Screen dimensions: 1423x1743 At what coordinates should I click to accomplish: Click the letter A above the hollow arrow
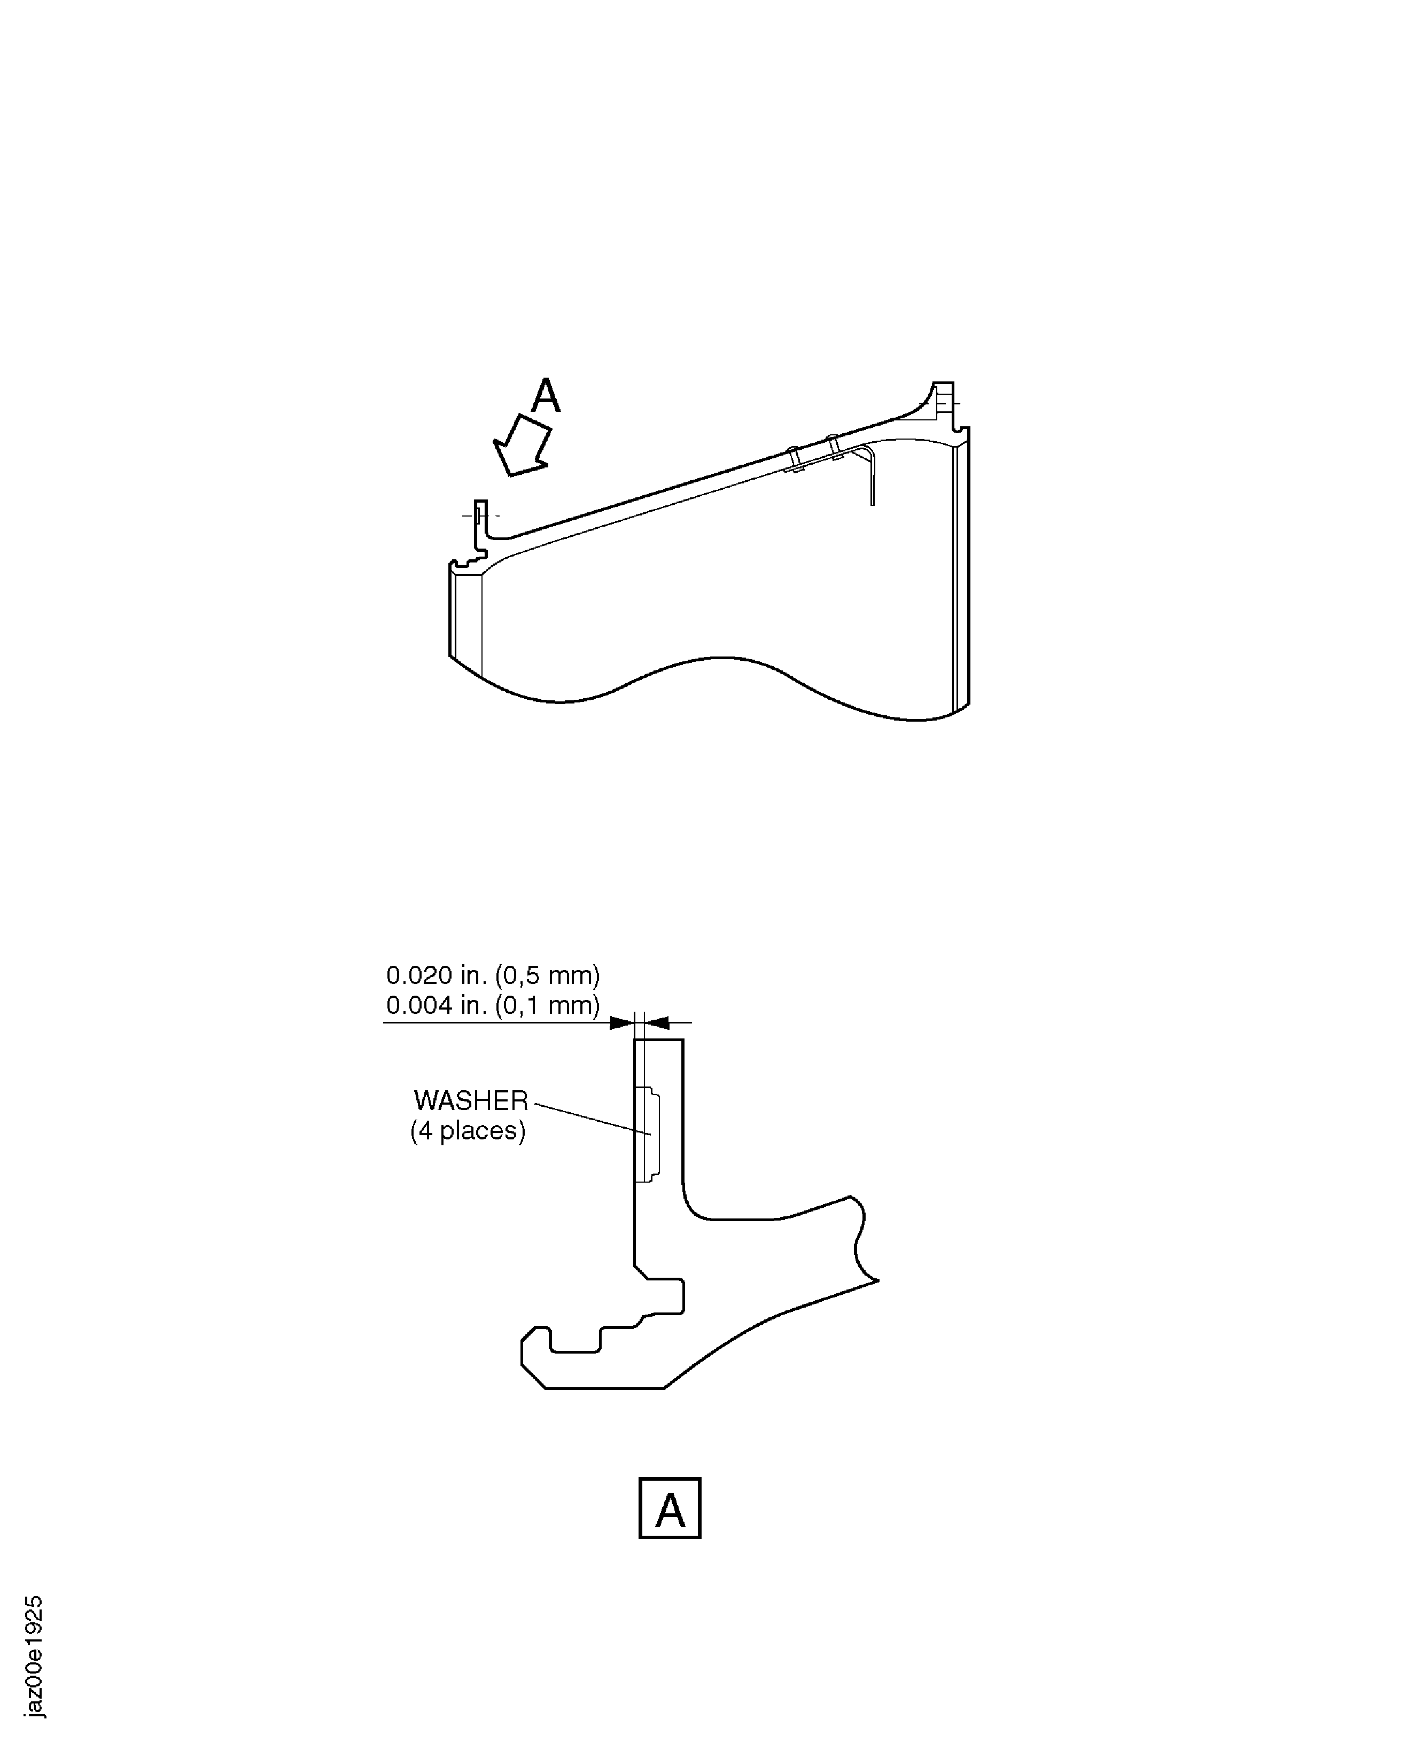[x=546, y=396]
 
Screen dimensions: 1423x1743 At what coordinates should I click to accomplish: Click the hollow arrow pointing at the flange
[x=522, y=445]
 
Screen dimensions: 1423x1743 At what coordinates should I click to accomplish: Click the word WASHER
[x=471, y=1100]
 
